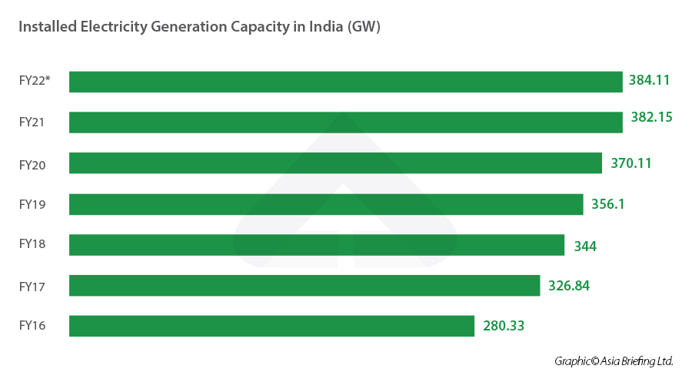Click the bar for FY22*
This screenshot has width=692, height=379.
tap(345, 82)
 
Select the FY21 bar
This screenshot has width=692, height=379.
tap(345, 122)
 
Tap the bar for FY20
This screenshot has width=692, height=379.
tap(335, 163)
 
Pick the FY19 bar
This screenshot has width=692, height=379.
tap(326, 204)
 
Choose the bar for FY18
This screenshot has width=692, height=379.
tap(317, 245)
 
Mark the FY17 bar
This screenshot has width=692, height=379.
tap(304, 286)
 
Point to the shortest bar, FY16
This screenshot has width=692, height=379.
tap(271, 326)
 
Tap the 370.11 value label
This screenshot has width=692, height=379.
tap(630, 163)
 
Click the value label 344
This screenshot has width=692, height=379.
tap(585, 247)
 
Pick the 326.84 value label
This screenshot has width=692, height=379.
tap(569, 286)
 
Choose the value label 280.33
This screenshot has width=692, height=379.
tap(504, 326)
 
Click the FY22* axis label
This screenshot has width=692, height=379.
tap(35, 79)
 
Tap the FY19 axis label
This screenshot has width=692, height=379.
tap(32, 204)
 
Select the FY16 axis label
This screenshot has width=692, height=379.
tap(32, 326)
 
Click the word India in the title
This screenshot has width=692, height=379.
tap(325, 27)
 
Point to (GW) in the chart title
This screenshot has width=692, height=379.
tap(364, 27)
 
